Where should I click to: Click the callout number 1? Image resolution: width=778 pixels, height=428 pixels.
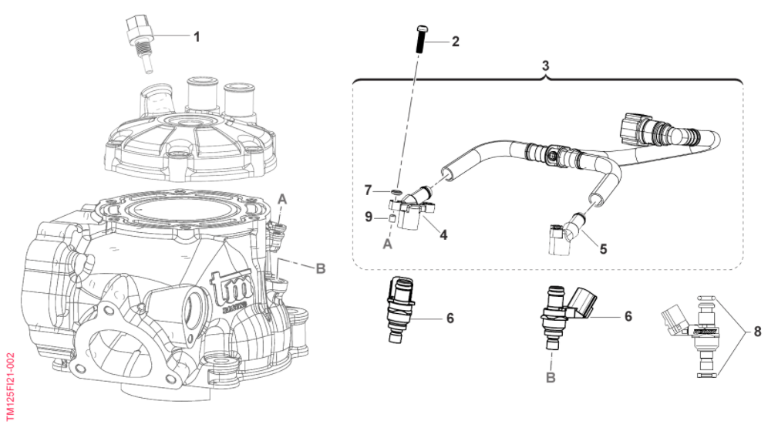coord(197,36)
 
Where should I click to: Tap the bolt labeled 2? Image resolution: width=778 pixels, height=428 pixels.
coord(423,39)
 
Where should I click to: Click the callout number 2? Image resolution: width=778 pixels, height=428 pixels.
coord(454,42)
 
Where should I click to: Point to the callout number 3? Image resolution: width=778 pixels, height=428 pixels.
coord(545,66)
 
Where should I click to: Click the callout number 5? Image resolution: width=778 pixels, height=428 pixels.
coord(604,249)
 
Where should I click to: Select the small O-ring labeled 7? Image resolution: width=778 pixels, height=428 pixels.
coord(396,190)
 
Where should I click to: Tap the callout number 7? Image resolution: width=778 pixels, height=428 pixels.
coord(369,189)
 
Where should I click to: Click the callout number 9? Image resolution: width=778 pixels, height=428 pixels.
coord(369,217)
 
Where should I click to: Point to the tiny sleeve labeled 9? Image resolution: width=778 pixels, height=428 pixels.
coord(391,219)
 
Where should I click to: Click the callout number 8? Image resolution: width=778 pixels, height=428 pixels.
coord(757,332)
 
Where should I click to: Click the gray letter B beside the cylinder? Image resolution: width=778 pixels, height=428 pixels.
coord(320,268)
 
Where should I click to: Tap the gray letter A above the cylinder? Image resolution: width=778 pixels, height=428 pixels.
coord(282,199)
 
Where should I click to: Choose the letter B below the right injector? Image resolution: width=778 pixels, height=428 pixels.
coord(551,377)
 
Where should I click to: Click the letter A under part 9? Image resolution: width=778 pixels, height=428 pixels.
coord(387,243)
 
